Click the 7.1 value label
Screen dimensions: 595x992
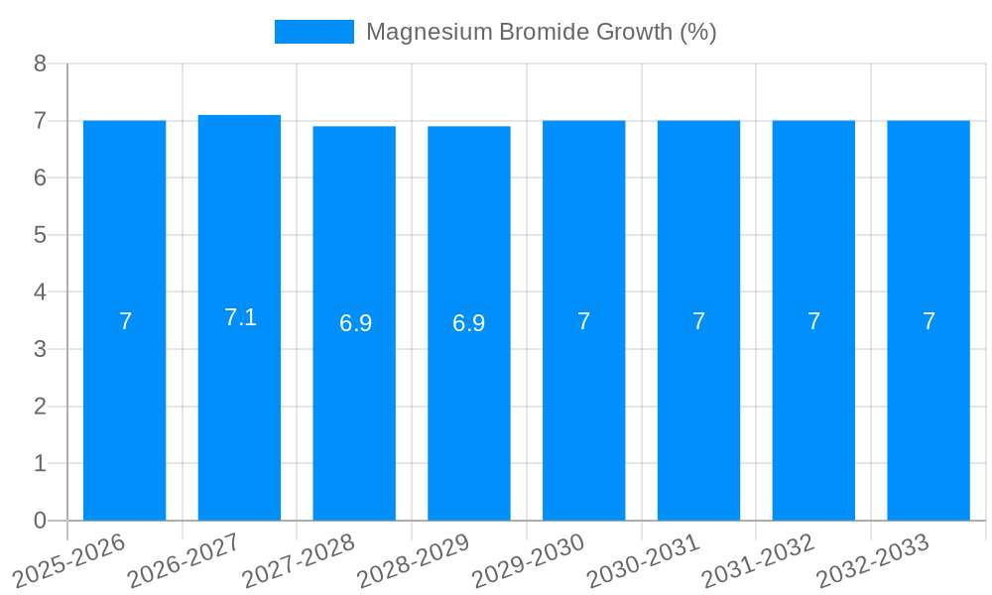[240, 317]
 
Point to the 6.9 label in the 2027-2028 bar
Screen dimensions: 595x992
[355, 323]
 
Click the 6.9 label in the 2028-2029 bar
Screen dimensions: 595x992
[469, 323]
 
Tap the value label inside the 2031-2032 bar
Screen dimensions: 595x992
[813, 321]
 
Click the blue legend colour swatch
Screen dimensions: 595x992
[313, 32]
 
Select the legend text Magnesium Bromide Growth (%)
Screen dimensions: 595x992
[541, 32]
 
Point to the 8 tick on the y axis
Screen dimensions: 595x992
[40, 63]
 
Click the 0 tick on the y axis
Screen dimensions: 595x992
[40, 521]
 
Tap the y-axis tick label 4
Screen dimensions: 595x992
[40, 293]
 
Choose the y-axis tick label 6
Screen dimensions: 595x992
[40, 178]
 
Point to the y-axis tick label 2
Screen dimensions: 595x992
[40, 407]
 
